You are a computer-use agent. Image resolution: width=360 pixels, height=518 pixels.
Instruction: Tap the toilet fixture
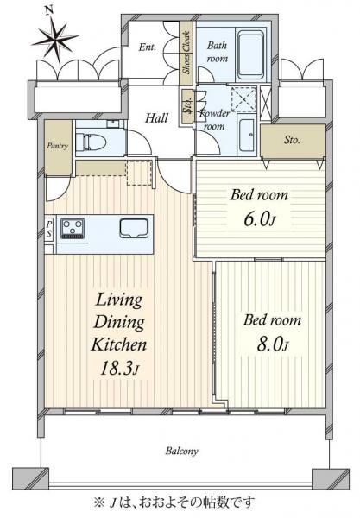click(x=91, y=142)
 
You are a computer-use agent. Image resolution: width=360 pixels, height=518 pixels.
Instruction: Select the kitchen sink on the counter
click(x=134, y=228)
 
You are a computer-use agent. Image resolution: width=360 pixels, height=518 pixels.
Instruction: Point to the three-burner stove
click(x=73, y=228)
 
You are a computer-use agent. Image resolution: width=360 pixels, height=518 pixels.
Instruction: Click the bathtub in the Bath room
click(x=251, y=54)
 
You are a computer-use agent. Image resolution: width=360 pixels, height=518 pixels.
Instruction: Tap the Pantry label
click(x=58, y=146)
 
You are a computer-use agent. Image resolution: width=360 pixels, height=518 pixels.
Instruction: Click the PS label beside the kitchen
click(x=49, y=230)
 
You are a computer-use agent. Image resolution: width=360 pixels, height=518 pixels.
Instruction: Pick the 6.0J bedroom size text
click(x=259, y=219)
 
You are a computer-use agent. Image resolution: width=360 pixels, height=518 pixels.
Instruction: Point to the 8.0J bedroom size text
click(x=273, y=344)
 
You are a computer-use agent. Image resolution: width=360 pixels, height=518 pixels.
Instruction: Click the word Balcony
click(x=182, y=451)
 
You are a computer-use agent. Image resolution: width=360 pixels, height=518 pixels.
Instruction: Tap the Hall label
click(x=157, y=118)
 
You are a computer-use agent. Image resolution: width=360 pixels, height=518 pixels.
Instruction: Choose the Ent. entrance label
click(x=148, y=47)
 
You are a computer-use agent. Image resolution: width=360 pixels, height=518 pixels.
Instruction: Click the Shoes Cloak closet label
click(x=187, y=52)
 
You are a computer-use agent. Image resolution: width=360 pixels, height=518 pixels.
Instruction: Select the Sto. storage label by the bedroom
click(x=293, y=140)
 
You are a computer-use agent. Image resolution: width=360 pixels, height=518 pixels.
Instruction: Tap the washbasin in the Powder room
click(x=247, y=135)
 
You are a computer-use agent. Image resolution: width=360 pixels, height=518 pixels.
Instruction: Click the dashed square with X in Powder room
click(x=244, y=99)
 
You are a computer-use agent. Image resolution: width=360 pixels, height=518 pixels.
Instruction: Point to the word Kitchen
click(x=119, y=344)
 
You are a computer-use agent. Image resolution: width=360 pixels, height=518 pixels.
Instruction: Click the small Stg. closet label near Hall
click(x=188, y=107)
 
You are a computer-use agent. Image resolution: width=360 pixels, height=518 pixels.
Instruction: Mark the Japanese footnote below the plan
click(x=174, y=502)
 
